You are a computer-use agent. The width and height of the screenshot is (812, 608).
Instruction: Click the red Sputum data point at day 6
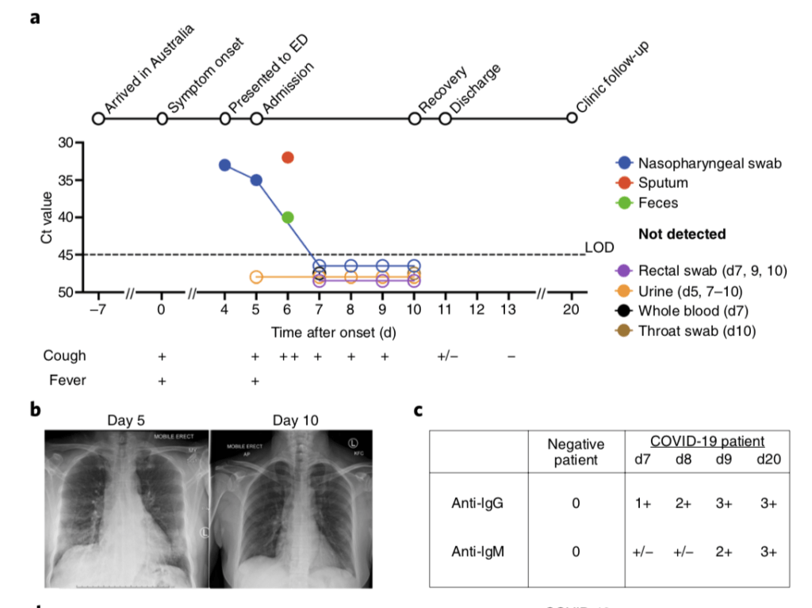pyautogui.click(x=288, y=157)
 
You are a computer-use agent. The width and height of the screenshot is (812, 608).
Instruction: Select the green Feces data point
pyautogui.click(x=288, y=217)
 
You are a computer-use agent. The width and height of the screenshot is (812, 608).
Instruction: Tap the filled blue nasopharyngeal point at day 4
pyautogui.click(x=225, y=165)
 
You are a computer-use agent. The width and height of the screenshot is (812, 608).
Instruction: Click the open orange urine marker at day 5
pyautogui.click(x=256, y=277)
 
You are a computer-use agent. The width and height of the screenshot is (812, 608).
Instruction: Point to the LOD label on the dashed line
pyautogui.click(x=599, y=247)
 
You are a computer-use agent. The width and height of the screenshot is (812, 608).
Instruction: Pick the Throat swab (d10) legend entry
pyautogui.click(x=695, y=331)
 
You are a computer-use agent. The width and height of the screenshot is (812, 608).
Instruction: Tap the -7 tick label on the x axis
pyautogui.click(x=98, y=309)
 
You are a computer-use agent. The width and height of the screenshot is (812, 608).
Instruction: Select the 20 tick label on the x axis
pyautogui.click(x=572, y=309)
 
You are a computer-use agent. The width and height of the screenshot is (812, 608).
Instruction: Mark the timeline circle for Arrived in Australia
pyautogui.click(x=98, y=119)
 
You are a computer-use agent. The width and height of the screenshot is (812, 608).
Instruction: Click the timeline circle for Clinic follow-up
pyautogui.click(x=572, y=119)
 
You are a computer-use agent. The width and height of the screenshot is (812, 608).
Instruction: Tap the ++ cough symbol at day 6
pyautogui.click(x=289, y=357)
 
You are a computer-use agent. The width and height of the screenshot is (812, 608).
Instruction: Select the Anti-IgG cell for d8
pyautogui.click(x=682, y=503)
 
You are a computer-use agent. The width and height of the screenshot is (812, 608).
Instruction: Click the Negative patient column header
pyautogui.click(x=576, y=453)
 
